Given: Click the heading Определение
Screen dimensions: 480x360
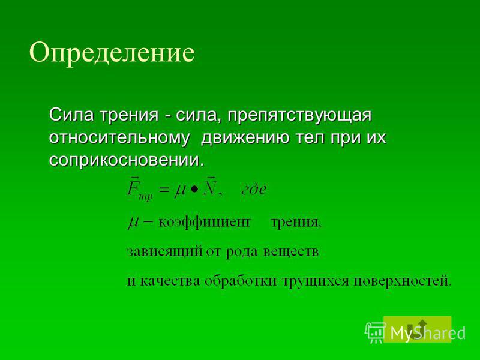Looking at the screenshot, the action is (x=112, y=53).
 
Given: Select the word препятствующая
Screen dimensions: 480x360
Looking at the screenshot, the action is (x=299, y=116).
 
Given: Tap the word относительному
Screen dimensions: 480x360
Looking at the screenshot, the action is (x=119, y=138).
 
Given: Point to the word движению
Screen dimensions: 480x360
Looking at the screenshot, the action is (x=245, y=138).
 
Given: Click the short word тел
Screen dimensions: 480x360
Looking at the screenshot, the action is (x=309, y=138).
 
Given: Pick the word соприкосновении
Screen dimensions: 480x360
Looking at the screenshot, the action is (x=126, y=160).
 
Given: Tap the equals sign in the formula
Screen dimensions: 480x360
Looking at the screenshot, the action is (x=164, y=190).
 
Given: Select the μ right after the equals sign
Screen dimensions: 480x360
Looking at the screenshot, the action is (x=179, y=191).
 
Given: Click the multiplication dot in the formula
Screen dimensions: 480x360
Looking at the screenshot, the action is (x=194, y=190).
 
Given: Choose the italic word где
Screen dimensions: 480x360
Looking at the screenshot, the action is (x=254, y=190).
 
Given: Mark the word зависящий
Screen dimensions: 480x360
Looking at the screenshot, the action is (x=165, y=252).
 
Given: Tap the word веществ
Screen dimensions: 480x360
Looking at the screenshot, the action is (x=291, y=251).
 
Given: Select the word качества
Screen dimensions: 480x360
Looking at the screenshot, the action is (x=170, y=281).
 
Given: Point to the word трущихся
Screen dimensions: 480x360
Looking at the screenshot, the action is (x=316, y=281).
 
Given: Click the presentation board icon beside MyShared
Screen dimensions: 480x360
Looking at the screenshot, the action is (x=376, y=332).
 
